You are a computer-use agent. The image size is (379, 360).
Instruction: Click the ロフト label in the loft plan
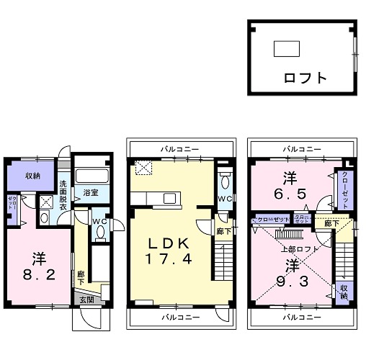click(305, 78)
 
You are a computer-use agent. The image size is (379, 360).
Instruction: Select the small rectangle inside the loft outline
click(286, 49)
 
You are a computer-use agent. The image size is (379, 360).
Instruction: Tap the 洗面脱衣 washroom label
click(63, 195)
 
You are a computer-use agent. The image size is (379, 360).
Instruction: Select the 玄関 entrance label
click(86, 300)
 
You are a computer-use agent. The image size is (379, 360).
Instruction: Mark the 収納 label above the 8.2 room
click(32, 176)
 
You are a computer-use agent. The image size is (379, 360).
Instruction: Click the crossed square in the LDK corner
click(144, 168)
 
